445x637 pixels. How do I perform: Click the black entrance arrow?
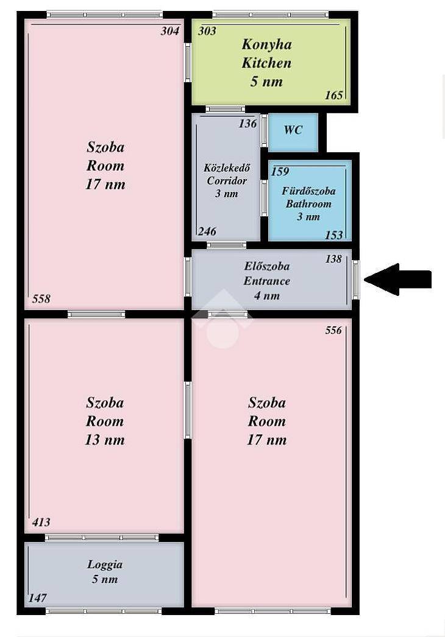(x=397, y=279)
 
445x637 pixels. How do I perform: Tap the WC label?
(x=293, y=130)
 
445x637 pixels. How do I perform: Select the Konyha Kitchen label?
(x=266, y=54)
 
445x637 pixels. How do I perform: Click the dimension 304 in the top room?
(x=169, y=31)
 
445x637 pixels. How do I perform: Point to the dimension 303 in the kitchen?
(x=207, y=31)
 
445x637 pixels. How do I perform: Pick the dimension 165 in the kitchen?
(x=334, y=95)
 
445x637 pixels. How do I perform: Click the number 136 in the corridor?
(x=247, y=124)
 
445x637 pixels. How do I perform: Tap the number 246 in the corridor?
(x=207, y=231)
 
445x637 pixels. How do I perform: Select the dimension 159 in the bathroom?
(x=280, y=172)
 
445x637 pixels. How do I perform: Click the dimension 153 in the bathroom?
(x=334, y=235)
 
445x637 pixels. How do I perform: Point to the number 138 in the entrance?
(x=333, y=259)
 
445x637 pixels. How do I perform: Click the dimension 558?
(x=41, y=299)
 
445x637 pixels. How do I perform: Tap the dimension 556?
(x=333, y=330)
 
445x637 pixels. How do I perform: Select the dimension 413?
(x=41, y=522)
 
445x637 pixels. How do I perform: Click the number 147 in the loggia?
(x=37, y=598)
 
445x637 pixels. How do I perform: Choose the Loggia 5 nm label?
(x=105, y=572)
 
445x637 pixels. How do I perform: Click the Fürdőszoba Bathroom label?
(x=308, y=203)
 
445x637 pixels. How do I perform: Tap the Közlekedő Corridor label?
(x=227, y=180)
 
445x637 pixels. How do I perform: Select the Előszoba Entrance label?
(x=267, y=281)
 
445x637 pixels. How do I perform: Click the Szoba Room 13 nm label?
(x=104, y=421)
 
